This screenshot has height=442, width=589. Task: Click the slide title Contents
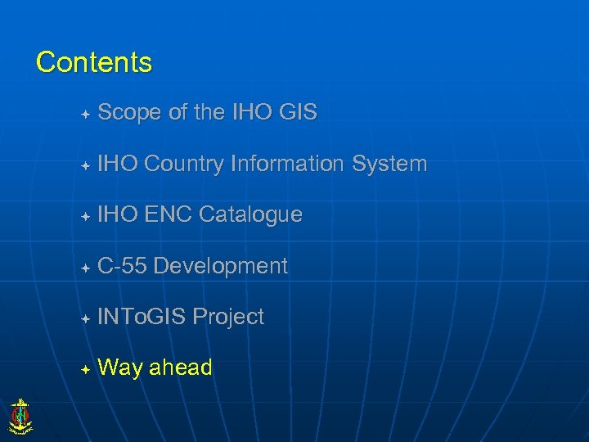(94, 62)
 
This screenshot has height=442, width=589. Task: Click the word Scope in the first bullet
(130, 113)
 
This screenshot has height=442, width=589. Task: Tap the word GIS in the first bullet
(297, 113)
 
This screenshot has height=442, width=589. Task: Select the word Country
(184, 165)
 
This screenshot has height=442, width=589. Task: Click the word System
(389, 165)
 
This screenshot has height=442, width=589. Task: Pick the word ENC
(169, 215)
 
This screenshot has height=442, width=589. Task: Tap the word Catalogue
(250, 215)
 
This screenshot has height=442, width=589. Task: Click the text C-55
(122, 266)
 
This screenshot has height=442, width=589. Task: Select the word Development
(220, 267)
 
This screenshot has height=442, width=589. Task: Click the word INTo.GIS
(142, 318)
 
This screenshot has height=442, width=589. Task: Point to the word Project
(228, 318)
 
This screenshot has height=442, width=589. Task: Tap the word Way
(119, 368)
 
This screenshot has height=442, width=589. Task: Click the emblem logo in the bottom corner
(19, 416)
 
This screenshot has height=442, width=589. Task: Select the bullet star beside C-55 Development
(85, 268)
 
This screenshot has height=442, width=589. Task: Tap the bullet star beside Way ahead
(85, 370)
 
